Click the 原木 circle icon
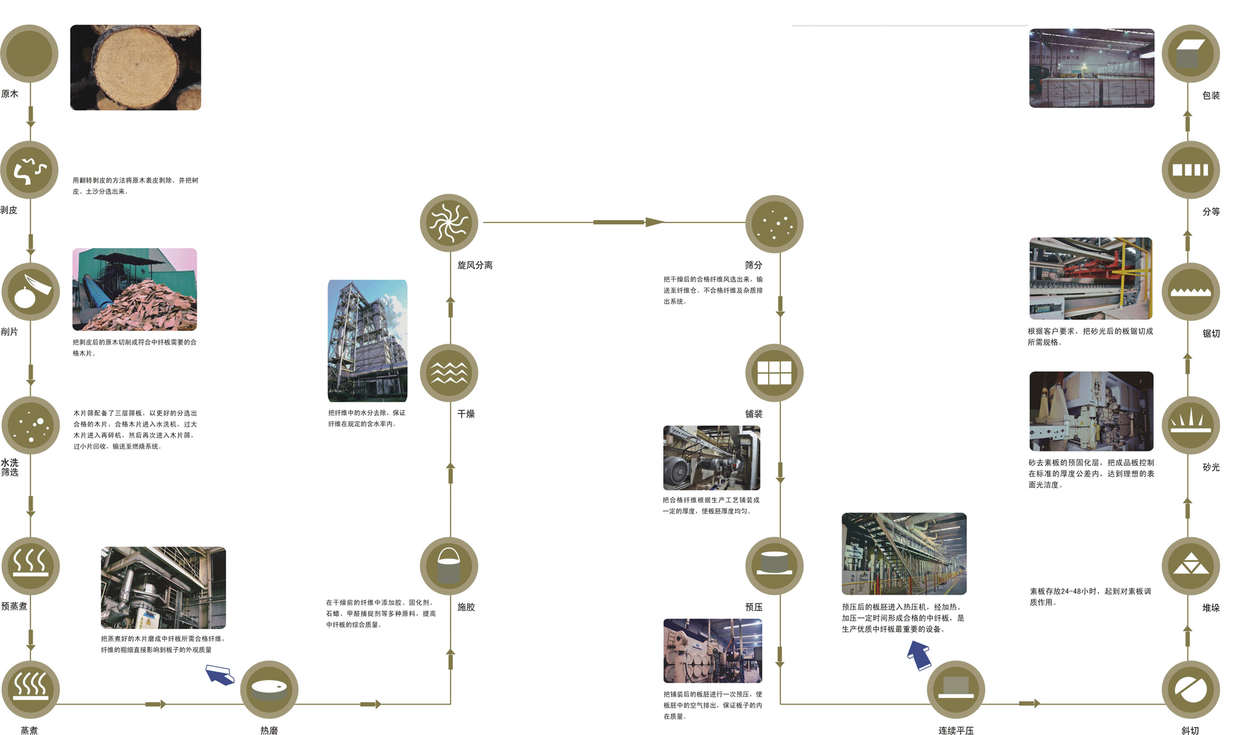click(x=29, y=54)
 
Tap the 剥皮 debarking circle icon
click(x=29, y=170)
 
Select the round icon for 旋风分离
click(x=449, y=222)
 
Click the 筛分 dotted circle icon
click(x=774, y=224)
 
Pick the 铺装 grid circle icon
click(x=774, y=373)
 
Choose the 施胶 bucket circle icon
click(x=449, y=566)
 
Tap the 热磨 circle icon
click(x=269, y=689)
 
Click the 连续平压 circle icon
click(x=956, y=689)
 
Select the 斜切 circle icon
click(x=1190, y=689)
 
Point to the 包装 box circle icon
click(x=1190, y=54)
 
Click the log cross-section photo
click(x=136, y=68)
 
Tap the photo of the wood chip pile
click(x=134, y=290)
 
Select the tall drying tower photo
click(x=367, y=341)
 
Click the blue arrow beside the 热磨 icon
click(x=219, y=675)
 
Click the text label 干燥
click(x=466, y=414)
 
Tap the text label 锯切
click(x=1211, y=334)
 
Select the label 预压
click(x=753, y=607)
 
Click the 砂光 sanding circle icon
click(x=1190, y=425)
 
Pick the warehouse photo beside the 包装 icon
click(x=1091, y=68)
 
